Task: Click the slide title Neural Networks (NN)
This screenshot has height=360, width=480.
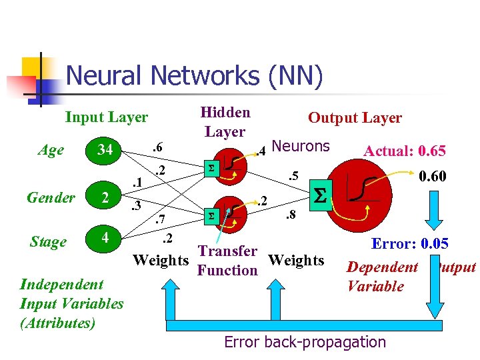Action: pos(194,75)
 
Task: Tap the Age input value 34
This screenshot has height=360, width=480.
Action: pos(105,150)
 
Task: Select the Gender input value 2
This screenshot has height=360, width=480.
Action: pos(105,197)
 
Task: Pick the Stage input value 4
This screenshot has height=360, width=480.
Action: pos(105,237)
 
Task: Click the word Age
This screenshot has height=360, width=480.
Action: pos(51,150)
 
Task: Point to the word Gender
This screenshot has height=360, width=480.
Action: pos(51,197)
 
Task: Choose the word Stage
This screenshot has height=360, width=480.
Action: pos(48,241)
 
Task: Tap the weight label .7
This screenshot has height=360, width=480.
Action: pos(159,218)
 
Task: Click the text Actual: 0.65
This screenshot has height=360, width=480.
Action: pos(404,151)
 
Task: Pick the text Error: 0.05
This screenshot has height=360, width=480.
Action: pos(410,243)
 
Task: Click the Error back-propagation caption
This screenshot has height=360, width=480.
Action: pos(305,342)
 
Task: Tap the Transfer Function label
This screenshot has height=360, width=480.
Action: pos(227,261)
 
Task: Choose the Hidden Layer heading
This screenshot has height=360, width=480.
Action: pos(225,122)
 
